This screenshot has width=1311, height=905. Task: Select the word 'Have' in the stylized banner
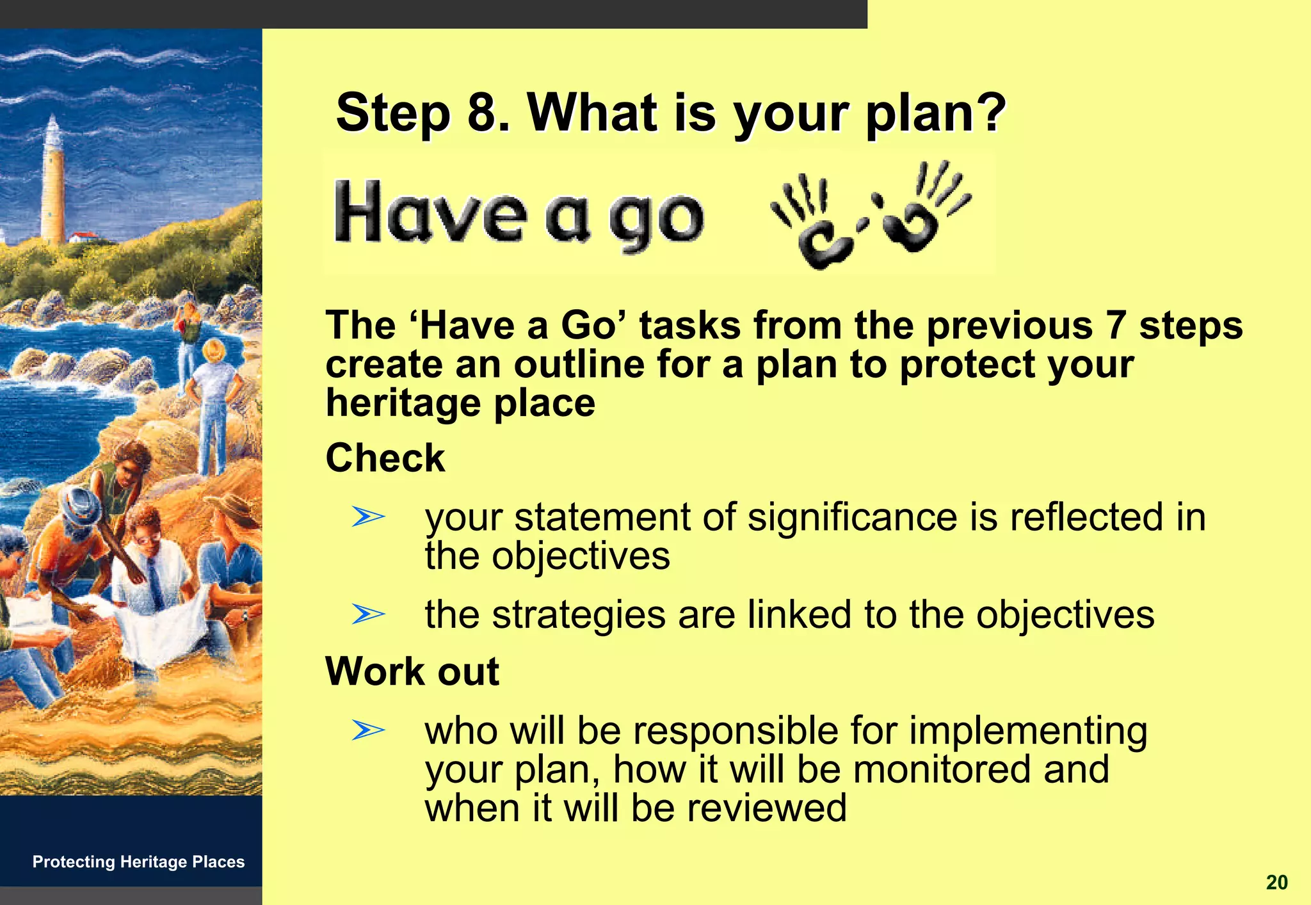pyautogui.click(x=430, y=212)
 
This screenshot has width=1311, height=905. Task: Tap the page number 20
pyautogui.click(x=1276, y=883)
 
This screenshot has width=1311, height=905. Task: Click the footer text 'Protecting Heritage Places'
pyautogui.click(x=138, y=862)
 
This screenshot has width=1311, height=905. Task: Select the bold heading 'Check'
pyautogui.click(x=385, y=458)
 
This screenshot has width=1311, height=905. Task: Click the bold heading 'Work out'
pyautogui.click(x=412, y=671)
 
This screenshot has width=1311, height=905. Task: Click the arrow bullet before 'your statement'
pyautogui.click(x=368, y=517)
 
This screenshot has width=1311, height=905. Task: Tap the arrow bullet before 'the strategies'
pyautogui.click(x=368, y=614)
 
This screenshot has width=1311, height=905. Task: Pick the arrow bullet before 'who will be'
pyautogui.click(x=368, y=730)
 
